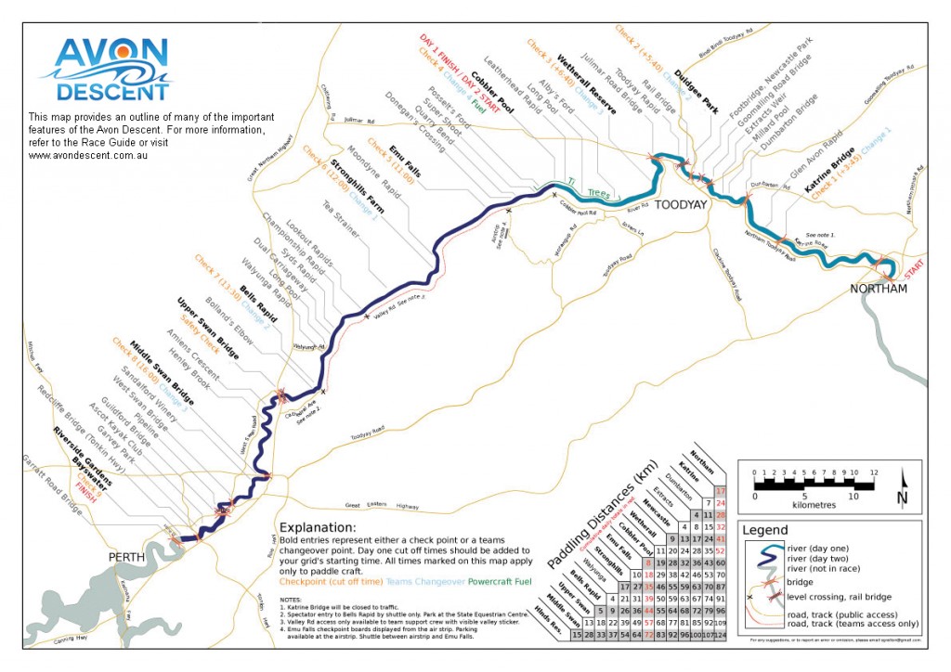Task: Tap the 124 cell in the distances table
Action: tap(719, 633)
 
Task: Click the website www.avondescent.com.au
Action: tap(89, 155)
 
